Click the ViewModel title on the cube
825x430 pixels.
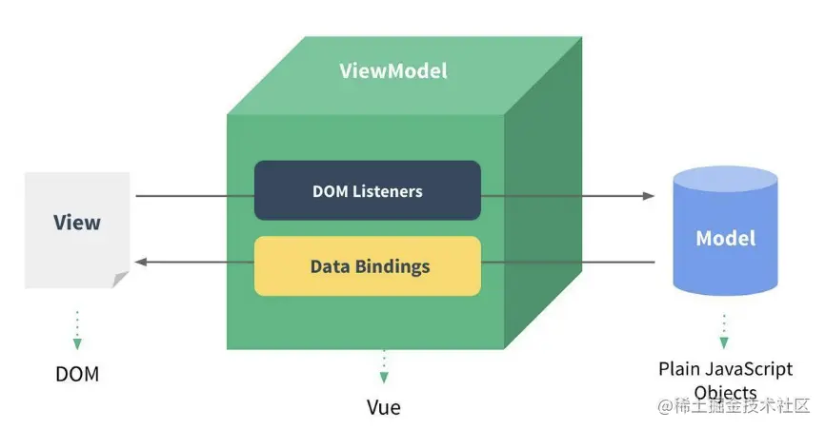392,71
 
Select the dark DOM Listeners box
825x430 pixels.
367,191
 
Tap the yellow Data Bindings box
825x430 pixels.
367,266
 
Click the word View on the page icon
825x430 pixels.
77,223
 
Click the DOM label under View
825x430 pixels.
76,374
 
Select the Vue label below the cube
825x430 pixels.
383,408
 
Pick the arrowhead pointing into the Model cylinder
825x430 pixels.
649,196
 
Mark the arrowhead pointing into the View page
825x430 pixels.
140,261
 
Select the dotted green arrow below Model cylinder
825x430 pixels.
724,330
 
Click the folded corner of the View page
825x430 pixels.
120,279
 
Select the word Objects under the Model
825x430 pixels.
726,392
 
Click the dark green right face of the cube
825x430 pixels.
542,209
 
